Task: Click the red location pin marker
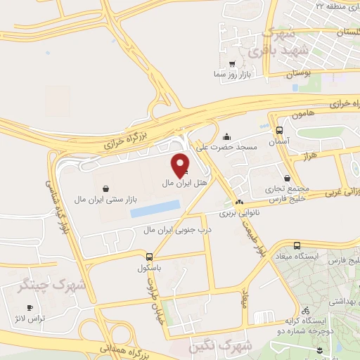pos(181,165)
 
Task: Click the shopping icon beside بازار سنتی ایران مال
pos(105,188)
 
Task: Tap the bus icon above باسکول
pos(149,257)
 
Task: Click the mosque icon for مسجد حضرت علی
pos(226,137)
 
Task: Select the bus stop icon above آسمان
pos(280,130)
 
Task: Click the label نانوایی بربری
pos(237,211)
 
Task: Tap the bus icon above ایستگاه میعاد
pos(297,245)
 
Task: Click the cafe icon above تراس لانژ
pos(30,308)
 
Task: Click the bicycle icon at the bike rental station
pos(304,309)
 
